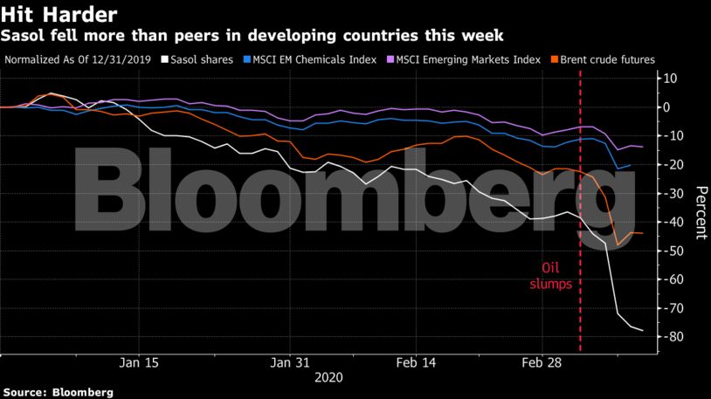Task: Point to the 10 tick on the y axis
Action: pyautogui.click(x=672, y=79)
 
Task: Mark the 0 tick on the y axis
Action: pyautogui.click(x=674, y=107)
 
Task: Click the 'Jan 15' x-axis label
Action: pyautogui.click(x=140, y=362)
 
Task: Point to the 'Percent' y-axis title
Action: pyautogui.click(x=701, y=213)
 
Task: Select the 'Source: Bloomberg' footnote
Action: pyautogui.click(x=58, y=393)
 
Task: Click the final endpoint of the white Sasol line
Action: pyautogui.click(x=644, y=330)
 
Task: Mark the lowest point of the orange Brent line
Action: pyautogui.click(x=618, y=244)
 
